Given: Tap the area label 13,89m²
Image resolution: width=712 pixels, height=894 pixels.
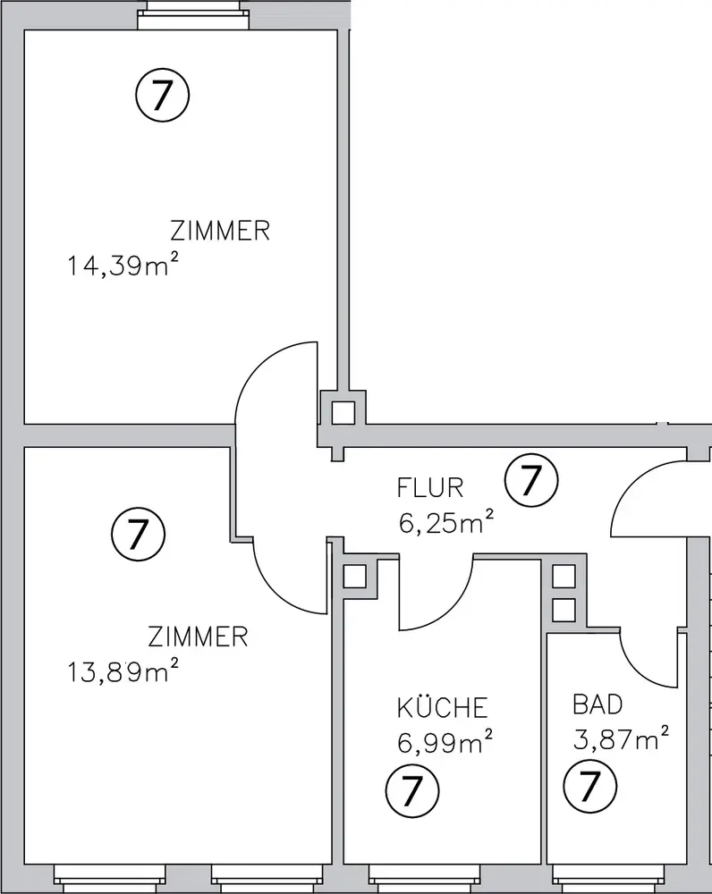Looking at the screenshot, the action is pos(123,671).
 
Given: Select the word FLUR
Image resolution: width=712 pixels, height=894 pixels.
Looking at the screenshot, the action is pos(430,488).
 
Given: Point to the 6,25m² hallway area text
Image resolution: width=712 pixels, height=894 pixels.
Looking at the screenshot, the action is pos(445,522).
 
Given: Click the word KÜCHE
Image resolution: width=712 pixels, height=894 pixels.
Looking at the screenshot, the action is pos(443,707).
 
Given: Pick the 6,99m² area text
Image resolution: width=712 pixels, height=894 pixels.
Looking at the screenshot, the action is pos(445,742).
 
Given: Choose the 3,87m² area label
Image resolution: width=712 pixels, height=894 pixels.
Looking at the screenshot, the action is pos(621,739).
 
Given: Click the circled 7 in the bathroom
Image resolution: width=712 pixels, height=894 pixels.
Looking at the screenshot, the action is pos(590,787).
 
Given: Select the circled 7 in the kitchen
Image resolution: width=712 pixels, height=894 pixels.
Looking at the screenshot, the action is pos(412,791).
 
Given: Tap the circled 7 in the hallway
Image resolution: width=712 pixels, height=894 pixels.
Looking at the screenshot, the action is pos(531,480).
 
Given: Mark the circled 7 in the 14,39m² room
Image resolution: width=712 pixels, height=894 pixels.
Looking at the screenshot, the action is pos(163,96).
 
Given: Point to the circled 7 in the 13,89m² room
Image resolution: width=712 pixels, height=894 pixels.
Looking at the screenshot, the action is pos(139,535).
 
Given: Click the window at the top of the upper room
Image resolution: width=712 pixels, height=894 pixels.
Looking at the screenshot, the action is pos(194,14).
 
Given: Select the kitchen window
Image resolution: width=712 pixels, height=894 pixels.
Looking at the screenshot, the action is pos(426,879).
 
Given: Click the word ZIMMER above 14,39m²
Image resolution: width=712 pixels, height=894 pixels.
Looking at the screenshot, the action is pos(220,231).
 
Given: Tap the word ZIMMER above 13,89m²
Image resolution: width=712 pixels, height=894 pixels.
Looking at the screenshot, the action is pos(198,637).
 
